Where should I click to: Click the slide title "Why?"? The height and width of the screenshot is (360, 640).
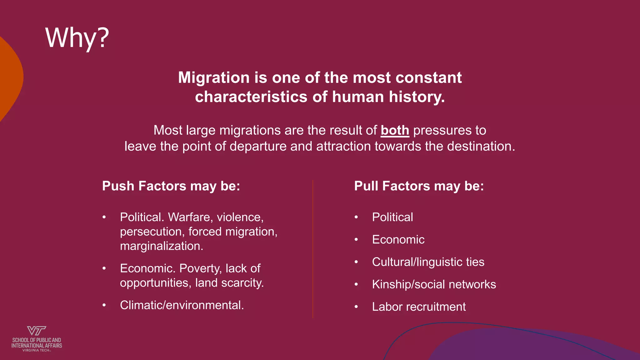[x=77, y=38]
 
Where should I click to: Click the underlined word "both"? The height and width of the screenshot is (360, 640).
[x=395, y=130]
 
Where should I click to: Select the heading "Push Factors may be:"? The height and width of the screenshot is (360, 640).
[x=171, y=186]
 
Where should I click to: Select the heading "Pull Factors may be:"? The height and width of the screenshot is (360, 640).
[x=419, y=186]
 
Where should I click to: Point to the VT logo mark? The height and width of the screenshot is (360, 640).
[x=37, y=331]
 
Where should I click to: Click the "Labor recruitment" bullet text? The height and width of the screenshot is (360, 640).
[x=419, y=307]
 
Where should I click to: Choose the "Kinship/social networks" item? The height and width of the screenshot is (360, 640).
[x=434, y=284]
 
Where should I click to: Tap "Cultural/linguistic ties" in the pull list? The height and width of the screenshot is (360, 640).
[x=428, y=262]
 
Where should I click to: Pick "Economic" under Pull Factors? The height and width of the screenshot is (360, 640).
[x=398, y=240]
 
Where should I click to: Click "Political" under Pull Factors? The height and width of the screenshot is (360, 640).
[x=392, y=217]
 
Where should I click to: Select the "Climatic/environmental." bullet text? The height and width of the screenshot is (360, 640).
[x=182, y=305]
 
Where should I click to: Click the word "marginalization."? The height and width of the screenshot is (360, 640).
[x=162, y=246]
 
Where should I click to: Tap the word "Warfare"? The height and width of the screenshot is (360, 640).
[x=189, y=217]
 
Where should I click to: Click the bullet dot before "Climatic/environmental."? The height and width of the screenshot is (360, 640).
[x=104, y=305]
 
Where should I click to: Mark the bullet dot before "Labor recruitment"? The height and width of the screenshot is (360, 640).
[x=356, y=307]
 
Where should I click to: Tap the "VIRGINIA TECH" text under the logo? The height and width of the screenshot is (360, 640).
[x=36, y=350]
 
